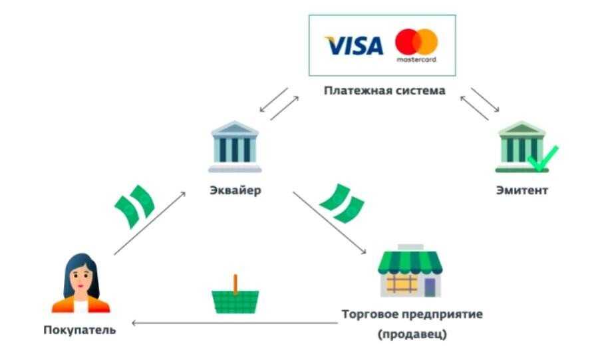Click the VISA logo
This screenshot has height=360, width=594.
tap(354, 45)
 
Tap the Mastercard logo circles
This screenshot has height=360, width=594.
tap(416, 42)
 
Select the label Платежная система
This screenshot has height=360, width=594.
tap(384, 90)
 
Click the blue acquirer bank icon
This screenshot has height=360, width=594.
tap(235, 146)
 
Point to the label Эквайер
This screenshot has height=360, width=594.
tap(235, 190)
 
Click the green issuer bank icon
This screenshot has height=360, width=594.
tap(522, 146)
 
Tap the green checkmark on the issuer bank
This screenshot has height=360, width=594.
tap(543, 158)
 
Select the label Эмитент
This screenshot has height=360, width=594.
tap(522, 190)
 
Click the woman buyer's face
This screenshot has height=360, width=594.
tap(80, 279)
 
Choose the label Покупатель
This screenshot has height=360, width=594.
tap(80, 330)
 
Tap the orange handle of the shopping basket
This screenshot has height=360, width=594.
tap(235, 284)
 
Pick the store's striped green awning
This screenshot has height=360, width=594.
tap(410, 262)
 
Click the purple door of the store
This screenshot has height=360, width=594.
tap(430, 287)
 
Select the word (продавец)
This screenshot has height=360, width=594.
tap(412, 335)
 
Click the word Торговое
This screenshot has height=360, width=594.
tap(369, 315)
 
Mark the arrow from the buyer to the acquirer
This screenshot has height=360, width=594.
tap(150, 223)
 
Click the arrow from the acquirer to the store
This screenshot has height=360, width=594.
tap(329, 223)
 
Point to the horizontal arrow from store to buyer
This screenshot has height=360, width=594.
tap(235, 323)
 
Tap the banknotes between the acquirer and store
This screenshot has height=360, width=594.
tap(342, 204)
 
